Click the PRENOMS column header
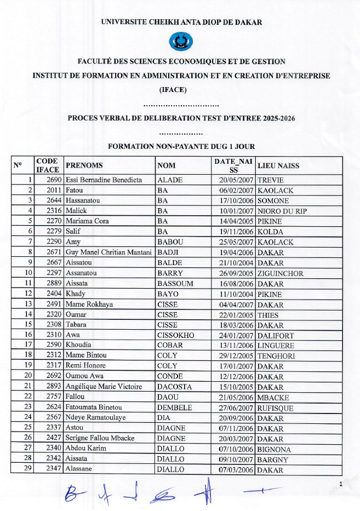84,165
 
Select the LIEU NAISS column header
278,165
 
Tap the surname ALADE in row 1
170,180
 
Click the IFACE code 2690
54,180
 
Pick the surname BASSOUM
174,284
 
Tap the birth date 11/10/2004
236,294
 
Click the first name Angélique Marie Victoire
102,387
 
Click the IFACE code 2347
54,470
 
